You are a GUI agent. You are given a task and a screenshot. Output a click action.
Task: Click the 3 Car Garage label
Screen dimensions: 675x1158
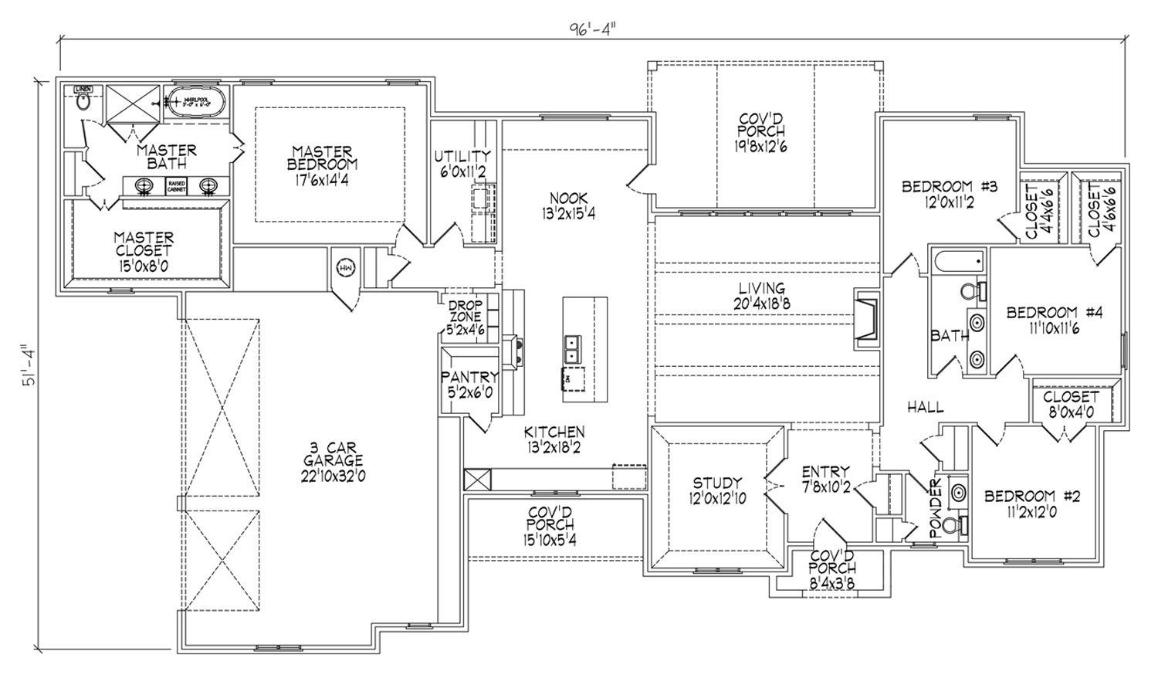point(333,461)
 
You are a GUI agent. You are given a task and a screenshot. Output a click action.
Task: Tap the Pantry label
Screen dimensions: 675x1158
point(469,383)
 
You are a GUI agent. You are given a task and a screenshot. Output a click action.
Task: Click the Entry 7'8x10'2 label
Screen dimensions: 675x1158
point(825,479)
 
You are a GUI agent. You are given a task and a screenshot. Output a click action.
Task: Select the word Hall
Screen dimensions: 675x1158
point(925,407)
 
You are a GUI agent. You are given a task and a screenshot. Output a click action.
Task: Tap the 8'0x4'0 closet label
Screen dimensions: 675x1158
point(1070,404)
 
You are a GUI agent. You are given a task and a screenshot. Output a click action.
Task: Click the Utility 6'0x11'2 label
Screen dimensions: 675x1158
point(462,163)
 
